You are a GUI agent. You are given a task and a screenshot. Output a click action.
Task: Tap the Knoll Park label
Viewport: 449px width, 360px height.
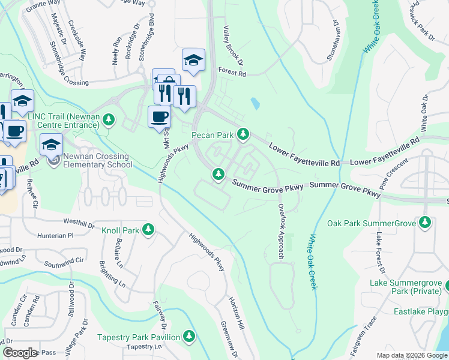120,230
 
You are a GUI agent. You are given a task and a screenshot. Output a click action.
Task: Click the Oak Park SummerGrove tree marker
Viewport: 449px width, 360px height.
425,223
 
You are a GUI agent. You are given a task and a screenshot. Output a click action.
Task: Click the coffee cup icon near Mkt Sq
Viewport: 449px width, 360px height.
159,116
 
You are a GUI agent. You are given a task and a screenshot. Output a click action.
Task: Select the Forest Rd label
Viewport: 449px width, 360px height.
232,74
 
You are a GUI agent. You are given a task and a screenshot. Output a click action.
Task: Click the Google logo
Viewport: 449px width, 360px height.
20,353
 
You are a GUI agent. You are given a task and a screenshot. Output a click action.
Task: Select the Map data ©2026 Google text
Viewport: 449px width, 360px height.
411,355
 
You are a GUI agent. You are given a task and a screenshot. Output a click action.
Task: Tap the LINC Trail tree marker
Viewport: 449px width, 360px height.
109,119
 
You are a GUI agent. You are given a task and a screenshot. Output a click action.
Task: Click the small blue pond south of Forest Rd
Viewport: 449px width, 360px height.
256,104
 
